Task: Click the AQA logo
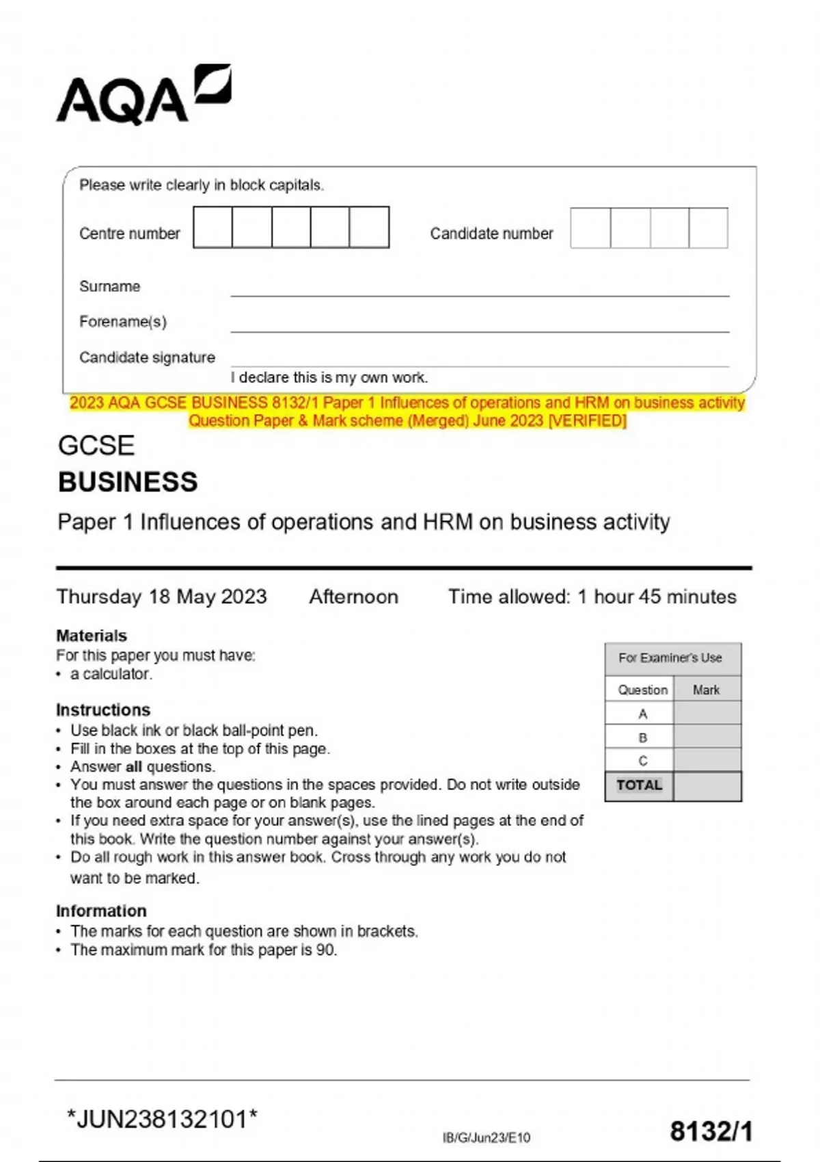(x=143, y=96)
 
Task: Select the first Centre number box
(x=213, y=228)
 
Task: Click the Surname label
(x=109, y=286)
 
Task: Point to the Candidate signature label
(x=147, y=357)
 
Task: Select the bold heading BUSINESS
(x=128, y=482)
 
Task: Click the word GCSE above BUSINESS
(x=96, y=446)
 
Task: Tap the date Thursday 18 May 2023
(x=161, y=597)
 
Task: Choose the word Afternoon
(x=353, y=597)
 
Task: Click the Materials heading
(x=92, y=636)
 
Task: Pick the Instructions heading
(x=103, y=710)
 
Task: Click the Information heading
(x=101, y=911)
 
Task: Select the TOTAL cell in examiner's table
(x=639, y=785)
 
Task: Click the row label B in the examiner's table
(x=642, y=738)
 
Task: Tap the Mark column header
(x=706, y=690)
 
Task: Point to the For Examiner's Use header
(x=670, y=658)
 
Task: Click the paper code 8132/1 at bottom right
(x=711, y=1131)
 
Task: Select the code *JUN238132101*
(x=162, y=1120)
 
